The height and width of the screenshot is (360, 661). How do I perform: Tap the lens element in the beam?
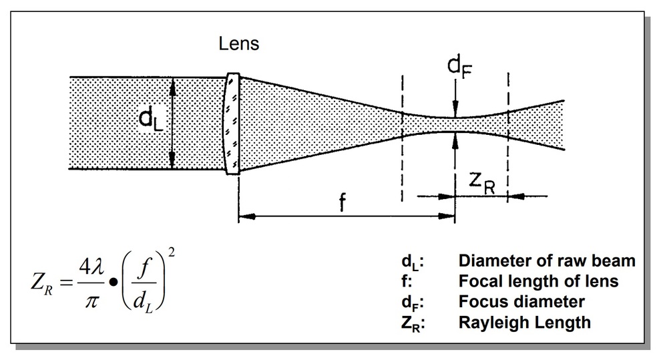tap(232, 124)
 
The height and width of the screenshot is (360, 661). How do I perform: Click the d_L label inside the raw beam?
tap(152, 120)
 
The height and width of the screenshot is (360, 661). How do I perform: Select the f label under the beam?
tap(342, 203)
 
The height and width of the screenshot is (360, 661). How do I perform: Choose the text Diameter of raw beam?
tap(547, 260)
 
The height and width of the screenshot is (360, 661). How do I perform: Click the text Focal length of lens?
tap(538, 281)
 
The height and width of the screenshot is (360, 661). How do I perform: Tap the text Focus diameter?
tap(521, 301)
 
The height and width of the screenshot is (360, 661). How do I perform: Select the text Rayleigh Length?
tap(524, 322)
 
